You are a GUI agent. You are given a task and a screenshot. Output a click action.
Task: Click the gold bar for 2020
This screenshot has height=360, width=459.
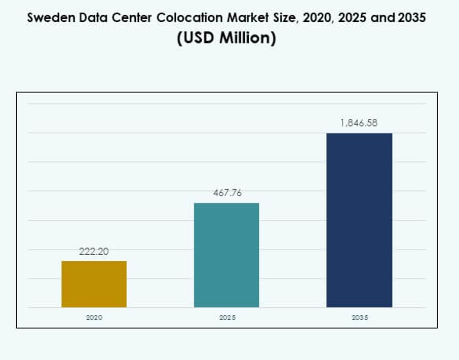(94, 284)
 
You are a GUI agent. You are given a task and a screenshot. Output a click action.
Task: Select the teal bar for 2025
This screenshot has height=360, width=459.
(226, 255)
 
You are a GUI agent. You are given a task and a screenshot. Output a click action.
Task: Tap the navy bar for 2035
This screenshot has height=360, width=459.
(359, 220)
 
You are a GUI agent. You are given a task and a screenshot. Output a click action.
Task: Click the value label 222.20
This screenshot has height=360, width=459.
(94, 251)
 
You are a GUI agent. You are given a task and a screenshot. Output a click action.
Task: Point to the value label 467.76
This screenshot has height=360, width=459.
(226, 193)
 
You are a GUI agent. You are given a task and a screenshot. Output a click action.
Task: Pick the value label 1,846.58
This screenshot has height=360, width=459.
(359, 123)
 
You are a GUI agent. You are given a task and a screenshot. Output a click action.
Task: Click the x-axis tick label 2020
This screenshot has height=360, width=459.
(94, 318)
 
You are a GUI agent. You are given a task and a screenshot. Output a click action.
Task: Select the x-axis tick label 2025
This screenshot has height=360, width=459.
(226, 318)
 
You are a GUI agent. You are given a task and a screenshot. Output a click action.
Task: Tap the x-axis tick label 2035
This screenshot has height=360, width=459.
(359, 318)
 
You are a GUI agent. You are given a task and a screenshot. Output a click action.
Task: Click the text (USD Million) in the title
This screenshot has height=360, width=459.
(226, 38)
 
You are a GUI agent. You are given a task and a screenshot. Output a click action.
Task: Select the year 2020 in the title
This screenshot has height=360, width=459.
(317, 18)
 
